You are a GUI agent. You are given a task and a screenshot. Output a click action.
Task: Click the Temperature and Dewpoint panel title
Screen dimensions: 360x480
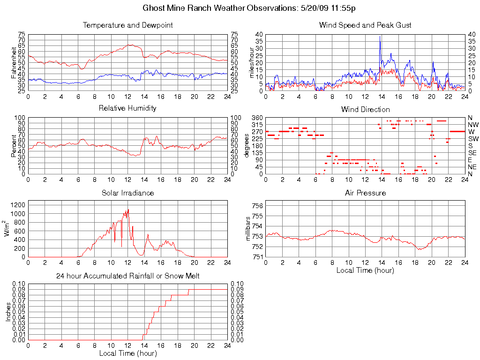coord(127,25)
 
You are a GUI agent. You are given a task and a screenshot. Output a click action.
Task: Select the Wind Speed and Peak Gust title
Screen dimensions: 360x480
coord(365,25)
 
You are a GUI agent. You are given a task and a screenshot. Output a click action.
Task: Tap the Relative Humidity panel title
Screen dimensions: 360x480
coord(127,108)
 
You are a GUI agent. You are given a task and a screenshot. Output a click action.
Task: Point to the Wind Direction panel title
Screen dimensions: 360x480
coord(365,110)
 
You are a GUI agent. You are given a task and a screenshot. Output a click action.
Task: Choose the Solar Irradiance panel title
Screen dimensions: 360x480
coord(127,193)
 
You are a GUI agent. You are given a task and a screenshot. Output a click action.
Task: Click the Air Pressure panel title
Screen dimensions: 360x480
coord(365,193)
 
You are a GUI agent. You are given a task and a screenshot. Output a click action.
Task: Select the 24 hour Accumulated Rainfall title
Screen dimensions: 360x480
coord(127,277)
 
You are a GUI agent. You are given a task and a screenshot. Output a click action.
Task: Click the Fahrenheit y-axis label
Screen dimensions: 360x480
coord(14,62)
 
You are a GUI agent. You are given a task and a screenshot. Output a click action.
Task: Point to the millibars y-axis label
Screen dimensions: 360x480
coord(248,228)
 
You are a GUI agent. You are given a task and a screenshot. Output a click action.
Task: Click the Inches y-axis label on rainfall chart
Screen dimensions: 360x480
coord(8,311)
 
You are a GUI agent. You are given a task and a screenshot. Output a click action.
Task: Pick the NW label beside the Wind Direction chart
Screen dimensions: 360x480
coord(473,125)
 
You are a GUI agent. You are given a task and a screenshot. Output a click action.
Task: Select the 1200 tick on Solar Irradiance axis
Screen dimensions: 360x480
coord(18,205)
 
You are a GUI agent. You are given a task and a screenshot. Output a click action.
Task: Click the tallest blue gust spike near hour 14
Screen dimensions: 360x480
coord(380,37)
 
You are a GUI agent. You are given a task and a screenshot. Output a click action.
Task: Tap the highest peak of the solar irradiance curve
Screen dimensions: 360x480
coord(128,210)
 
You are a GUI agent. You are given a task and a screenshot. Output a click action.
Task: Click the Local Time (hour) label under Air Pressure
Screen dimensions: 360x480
coord(365,270)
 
